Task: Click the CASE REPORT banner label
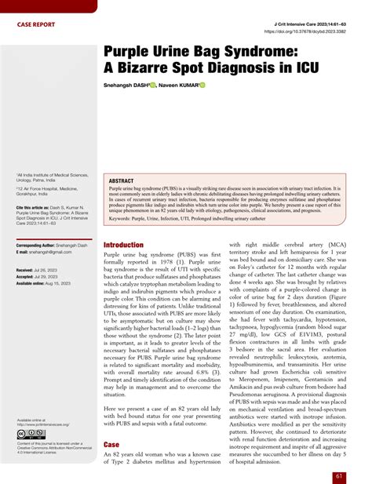36,24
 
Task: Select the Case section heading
111,444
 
